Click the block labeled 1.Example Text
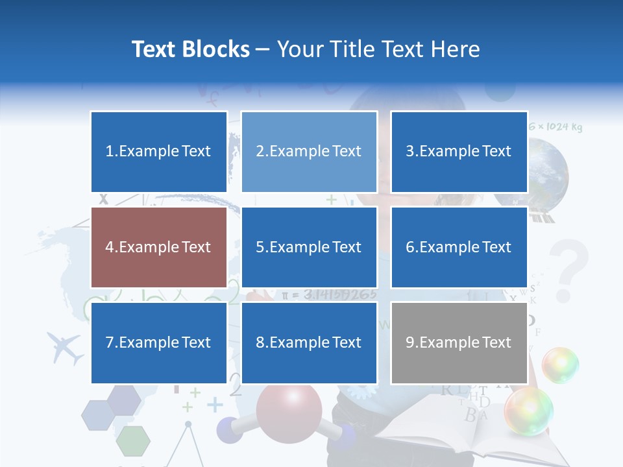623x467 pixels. [x=159, y=152]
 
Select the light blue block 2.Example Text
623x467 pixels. [x=309, y=152]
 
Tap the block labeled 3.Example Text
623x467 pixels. [x=459, y=152]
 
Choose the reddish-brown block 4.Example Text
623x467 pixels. [x=159, y=247]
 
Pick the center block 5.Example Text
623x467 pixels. [x=309, y=247]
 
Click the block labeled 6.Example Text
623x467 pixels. [x=459, y=247]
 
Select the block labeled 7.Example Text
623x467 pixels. [x=159, y=342]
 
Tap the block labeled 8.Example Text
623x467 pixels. [x=309, y=342]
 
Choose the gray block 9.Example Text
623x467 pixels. [x=459, y=342]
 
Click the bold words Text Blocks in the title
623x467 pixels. [x=190, y=49]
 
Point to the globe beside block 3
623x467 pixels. [x=548, y=172]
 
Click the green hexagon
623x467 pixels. [x=133, y=441]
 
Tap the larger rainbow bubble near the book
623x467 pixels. [x=529, y=411]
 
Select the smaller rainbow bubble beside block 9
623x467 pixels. [x=560, y=365]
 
